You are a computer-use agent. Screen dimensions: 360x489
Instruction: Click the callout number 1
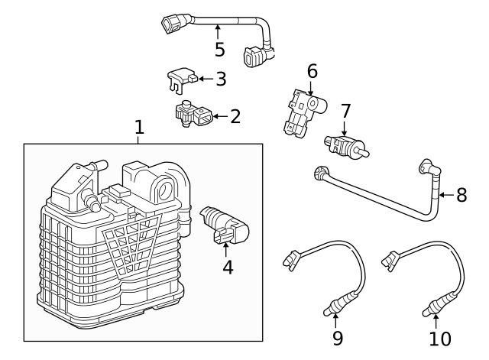coord(139,127)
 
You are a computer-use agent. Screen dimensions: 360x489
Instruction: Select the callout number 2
coord(235,116)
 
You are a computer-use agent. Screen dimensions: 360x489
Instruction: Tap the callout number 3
coord(221,79)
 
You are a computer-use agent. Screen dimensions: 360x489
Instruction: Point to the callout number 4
coord(227,268)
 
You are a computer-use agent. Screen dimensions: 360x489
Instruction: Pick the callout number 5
coord(219,50)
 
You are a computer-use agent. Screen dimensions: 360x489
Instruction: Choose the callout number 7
coord(345,112)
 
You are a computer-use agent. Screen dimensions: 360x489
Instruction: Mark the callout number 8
coord(461,195)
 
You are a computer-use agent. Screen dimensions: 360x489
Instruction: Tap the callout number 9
coord(337,337)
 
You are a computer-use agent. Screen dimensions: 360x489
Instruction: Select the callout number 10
coord(440,337)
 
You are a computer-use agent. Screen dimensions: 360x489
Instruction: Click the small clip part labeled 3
coord(182,77)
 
